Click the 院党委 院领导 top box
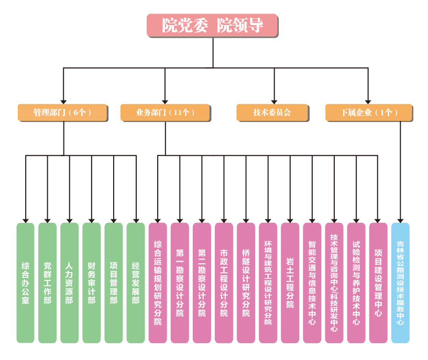[212, 25]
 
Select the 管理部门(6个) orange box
[63, 112]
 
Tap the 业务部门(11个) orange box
[166, 112]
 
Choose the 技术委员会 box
[272, 112]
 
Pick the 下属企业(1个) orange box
[369, 112]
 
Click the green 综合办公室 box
[25, 283]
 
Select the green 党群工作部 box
[47, 283]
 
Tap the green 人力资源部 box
[69, 283]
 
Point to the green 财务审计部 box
[91, 283]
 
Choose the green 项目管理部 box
[113, 283]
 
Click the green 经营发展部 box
[135, 283]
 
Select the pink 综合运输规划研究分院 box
[158, 283]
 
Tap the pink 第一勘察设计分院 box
[180, 283]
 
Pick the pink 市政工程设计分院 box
[224, 283]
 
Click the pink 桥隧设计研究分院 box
[246, 283]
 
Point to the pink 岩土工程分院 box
[290, 283]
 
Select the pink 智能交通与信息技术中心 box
[312, 283]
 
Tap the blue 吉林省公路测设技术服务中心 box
[400, 283]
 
